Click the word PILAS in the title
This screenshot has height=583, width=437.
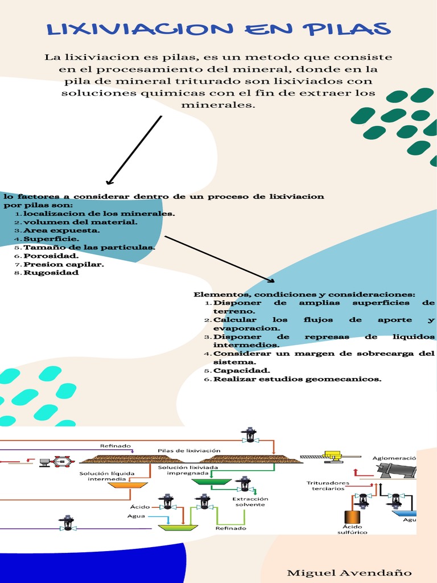pyautogui.click(x=347, y=29)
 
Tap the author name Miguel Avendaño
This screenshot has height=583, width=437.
pyautogui.click(x=349, y=573)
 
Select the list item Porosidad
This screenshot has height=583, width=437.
pyautogui.click(x=51, y=256)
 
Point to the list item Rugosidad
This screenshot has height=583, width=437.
pyautogui.click(x=51, y=273)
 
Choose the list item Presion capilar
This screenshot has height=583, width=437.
pyautogui.click(x=64, y=264)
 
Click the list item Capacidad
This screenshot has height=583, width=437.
pyautogui.click(x=241, y=371)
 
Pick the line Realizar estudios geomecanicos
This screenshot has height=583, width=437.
pyautogui.click(x=297, y=379)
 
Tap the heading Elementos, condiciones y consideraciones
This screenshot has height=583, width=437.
pyautogui.click(x=304, y=294)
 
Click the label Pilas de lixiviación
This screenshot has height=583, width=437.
pyautogui.click(x=189, y=451)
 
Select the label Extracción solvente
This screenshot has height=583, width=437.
pyautogui.click(x=250, y=502)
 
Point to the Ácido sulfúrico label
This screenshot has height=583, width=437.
pyautogui.click(x=352, y=529)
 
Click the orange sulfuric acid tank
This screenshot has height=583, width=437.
pyautogui.click(x=352, y=517)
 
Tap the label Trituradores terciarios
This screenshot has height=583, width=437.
pyautogui.click(x=328, y=486)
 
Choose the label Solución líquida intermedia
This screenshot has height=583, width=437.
pyautogui.click(x=106, y=477)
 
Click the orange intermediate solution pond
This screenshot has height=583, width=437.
pyautogui.click(x=127, y=485)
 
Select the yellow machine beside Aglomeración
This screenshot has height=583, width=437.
pyautogui.click(x=333, y=457)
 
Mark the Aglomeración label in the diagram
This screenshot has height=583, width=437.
pyautogui.click(x=394, y=458)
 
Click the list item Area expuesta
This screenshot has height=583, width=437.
pyautogui.click(x=61, y=231)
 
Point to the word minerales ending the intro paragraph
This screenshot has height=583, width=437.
pyautogui.click(x=218, y=105)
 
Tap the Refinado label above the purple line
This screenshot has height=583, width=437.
pyautogui.click(x=115, y=446)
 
